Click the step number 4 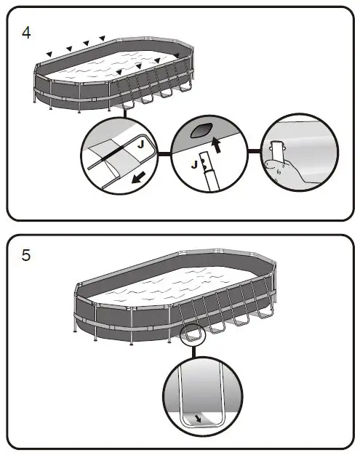point(26,33)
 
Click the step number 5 point(26,257)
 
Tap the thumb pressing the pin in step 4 point(274,169)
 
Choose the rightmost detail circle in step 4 point(291,153)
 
